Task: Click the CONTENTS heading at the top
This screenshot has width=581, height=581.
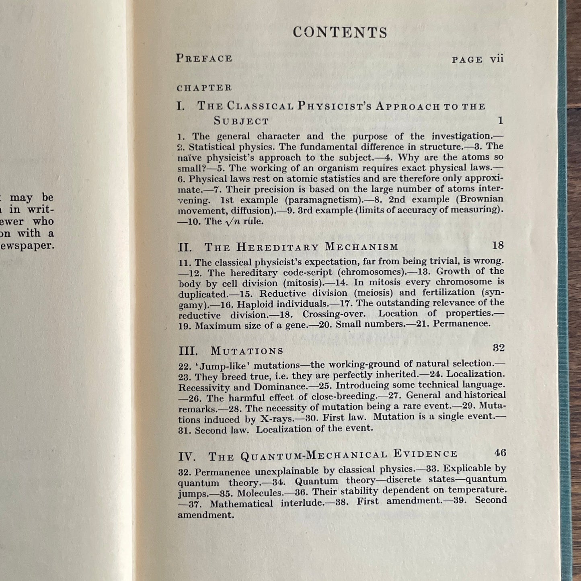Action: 340,33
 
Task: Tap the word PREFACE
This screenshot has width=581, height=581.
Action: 204,58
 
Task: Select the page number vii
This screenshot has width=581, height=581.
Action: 497,59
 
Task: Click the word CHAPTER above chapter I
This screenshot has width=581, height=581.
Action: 204,88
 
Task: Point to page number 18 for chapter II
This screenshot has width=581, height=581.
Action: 498,245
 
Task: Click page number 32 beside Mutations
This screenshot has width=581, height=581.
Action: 498,348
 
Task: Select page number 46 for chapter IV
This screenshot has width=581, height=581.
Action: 500,453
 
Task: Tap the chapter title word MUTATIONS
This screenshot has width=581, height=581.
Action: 247,351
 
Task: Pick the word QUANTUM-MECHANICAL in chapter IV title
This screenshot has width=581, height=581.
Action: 314,456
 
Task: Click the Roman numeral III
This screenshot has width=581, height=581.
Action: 188,351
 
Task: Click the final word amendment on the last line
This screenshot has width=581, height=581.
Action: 205,515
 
